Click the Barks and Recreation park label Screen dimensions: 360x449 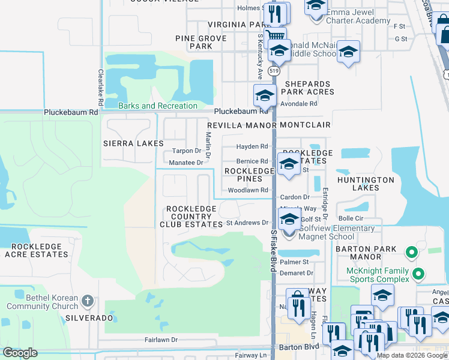(x=158, y=106)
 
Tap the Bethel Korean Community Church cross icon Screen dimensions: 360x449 (x=88, y=301)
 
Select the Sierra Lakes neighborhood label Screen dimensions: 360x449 (x=133, y=143)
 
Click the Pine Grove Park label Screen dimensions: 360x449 (x=201, y=42)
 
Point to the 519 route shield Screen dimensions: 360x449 (x=274, y=70)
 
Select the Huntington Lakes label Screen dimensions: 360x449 (x=366, y=184)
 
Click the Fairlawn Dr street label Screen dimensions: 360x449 (x=161, y=340)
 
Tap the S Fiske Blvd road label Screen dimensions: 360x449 (x=273, y=252)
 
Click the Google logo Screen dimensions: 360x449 (x=20, y=353)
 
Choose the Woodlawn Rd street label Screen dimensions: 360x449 (x=247, y=190)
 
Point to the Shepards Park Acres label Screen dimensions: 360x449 (x=309, y=88)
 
